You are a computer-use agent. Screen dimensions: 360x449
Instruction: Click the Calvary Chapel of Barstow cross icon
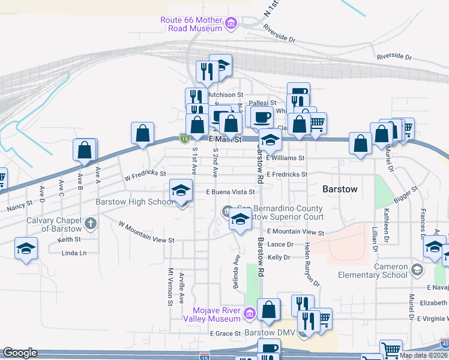pyautogui.click(x=90, y=224)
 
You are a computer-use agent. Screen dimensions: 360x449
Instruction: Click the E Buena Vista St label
pyautogui.click(x=231, y=193)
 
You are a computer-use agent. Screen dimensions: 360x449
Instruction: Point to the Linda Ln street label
pyautogui.click(x=74, y=253)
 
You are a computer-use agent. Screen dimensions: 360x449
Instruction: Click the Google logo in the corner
pyautogui.click(x=20, y=353)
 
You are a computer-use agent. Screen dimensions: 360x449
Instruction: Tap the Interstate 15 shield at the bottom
pyautogui.click(x=204, y=356)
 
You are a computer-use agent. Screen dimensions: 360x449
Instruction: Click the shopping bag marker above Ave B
pyautogui.click(x=85, y=151)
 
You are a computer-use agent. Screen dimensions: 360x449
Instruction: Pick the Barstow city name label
pyautogui.click(x=340, y=188)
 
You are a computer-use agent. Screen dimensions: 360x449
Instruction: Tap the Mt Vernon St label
pyautogui.click(x=170, y=286)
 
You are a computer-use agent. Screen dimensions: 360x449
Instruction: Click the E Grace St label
pyautogui.click(x=225, y=333)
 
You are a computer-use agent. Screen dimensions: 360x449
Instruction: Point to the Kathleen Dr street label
pyautogui.click(x=386, y=223)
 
